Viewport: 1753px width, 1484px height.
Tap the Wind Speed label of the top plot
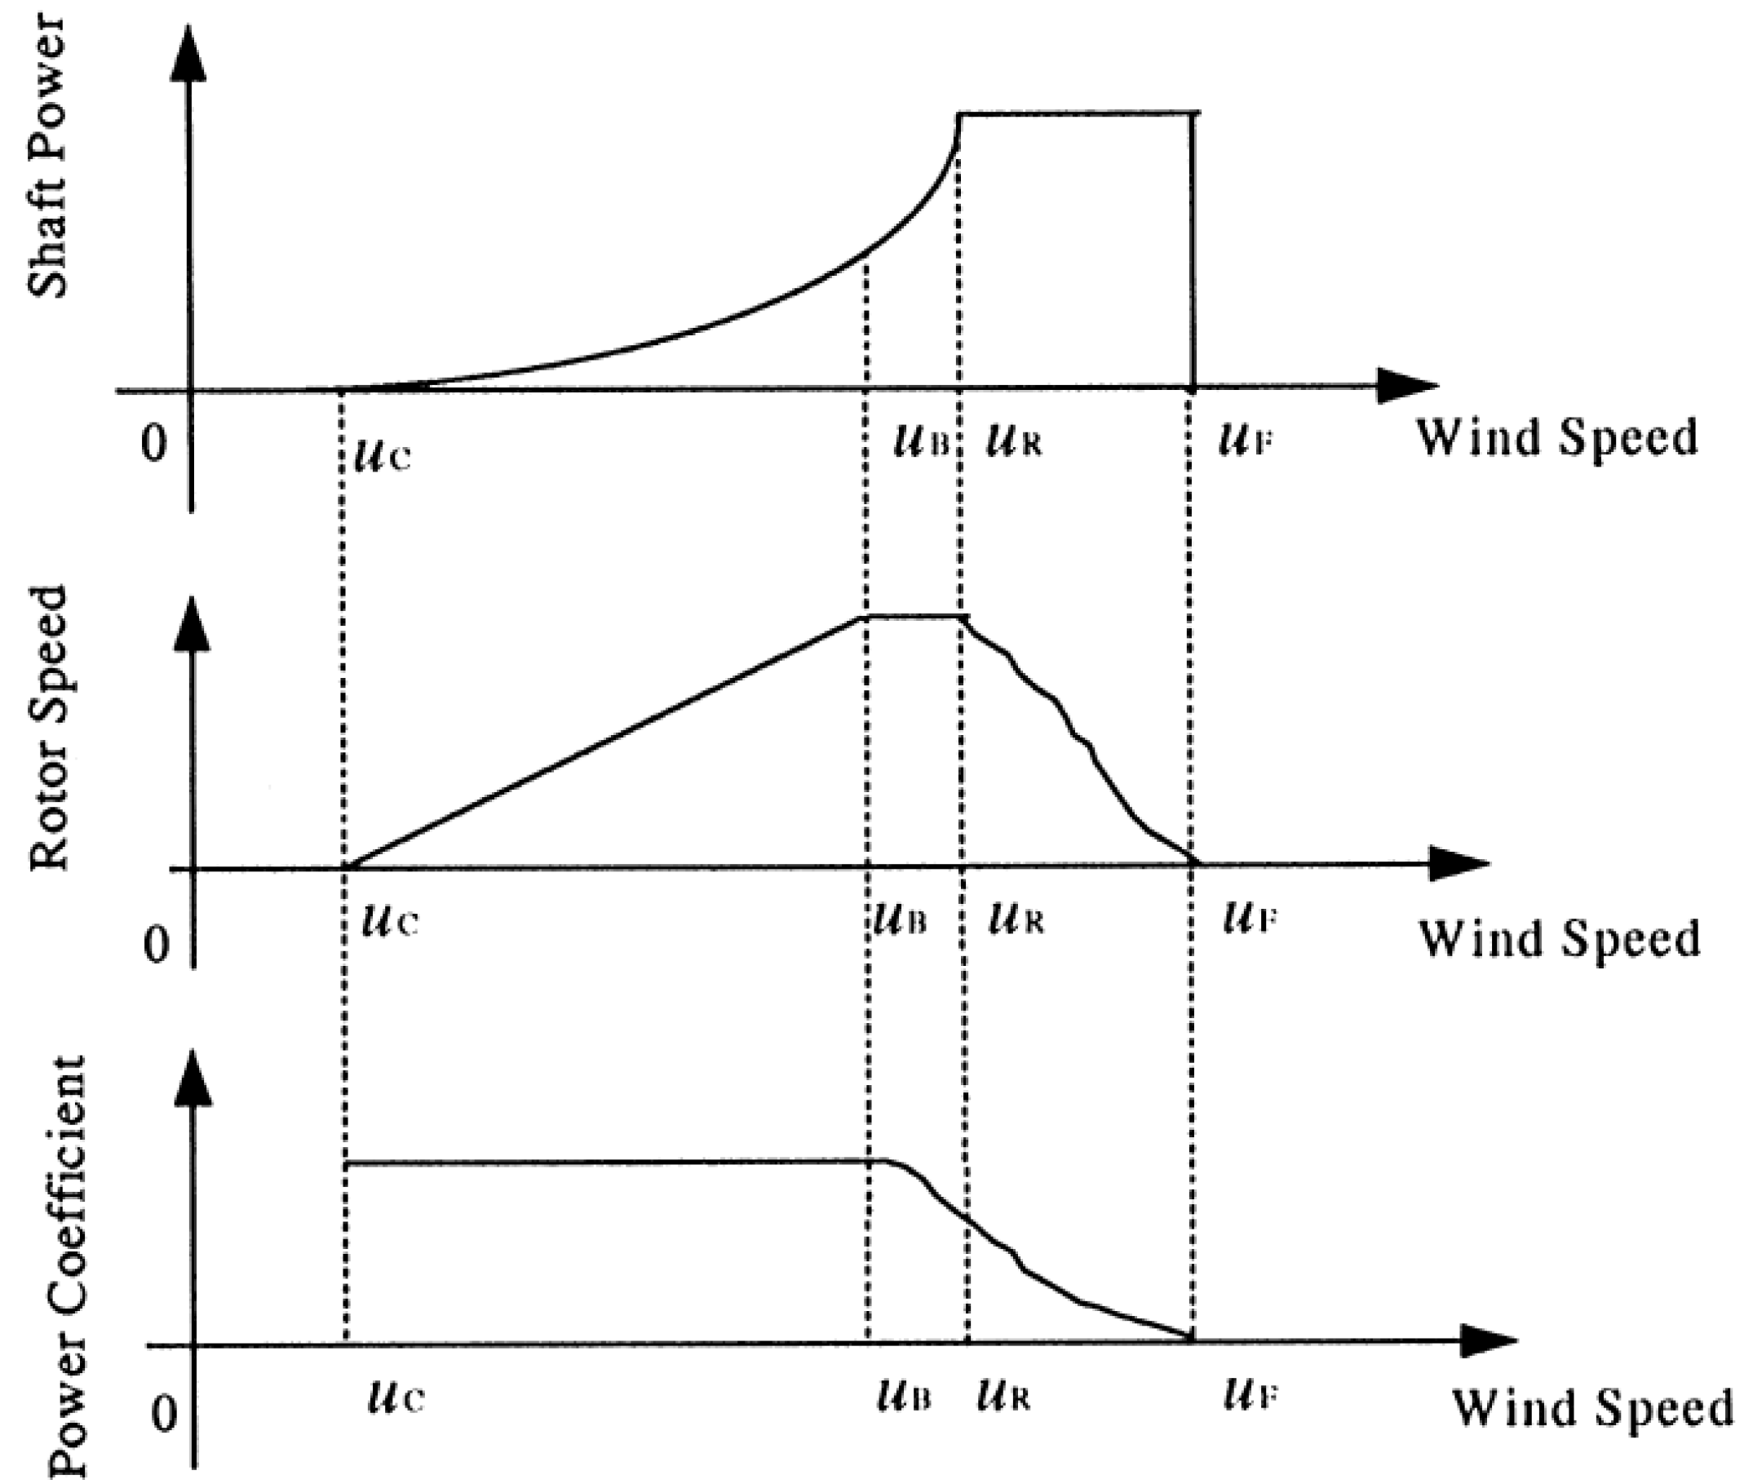pos(1557,437)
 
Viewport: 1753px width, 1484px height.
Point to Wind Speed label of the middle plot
pos(1560,938)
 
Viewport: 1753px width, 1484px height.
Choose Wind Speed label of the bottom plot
pos(1592,1406)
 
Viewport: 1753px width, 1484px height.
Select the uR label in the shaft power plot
pos(1014,441)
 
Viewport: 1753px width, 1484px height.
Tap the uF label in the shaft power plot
pos(1245,441)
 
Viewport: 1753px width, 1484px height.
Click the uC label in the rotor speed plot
pos(389,921)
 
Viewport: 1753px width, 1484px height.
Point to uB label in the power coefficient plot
pos(903,1398)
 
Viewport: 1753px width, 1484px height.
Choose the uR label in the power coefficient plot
pos(1004,1398)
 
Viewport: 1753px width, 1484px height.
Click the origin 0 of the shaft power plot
pos(154,443)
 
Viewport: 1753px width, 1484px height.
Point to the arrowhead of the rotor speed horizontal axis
pos(1459,864)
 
